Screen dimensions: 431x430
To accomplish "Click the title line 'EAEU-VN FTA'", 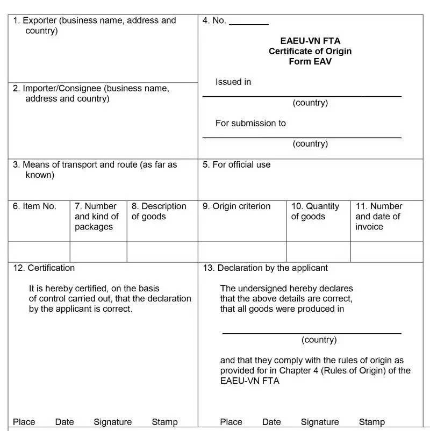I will pos(310,41).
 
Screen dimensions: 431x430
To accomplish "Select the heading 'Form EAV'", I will pos(310,61).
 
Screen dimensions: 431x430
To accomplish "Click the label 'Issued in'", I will pos(233,82).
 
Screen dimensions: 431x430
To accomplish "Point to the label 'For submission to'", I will pos(250,123).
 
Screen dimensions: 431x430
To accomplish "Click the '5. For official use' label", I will pos(236,164).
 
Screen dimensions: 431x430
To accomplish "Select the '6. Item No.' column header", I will pos(35,206).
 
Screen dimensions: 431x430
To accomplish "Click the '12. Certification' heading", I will pos(44,268).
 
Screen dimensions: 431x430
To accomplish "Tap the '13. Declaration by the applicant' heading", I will pos(265,268).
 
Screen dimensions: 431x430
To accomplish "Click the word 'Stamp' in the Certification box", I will pos(164,422).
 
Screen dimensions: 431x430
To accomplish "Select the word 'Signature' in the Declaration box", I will pos(320,422).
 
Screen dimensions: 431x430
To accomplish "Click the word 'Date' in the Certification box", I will pos(64,422).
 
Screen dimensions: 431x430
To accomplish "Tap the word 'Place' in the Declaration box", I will pos(231,422).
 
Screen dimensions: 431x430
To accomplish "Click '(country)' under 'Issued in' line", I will pos(310,103).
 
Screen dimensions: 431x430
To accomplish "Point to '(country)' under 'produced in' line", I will pos(319,340).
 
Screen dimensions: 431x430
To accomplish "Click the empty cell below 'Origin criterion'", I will pos(242,252).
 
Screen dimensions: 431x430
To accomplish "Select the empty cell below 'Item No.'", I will pos(39,252).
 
